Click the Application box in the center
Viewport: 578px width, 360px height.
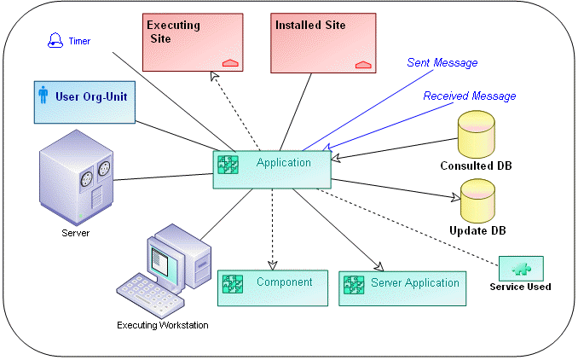coord(271,168)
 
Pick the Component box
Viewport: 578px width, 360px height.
coord(272,287)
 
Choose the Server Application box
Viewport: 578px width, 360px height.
coord(402,288)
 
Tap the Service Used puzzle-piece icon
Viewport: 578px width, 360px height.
coord(521,268)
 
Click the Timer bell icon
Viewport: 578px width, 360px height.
coord(55,40)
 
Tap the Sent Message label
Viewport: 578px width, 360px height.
coord(443,62)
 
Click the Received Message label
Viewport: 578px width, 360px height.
coord(469,96)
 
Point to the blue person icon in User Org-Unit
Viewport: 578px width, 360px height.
coord(43,95)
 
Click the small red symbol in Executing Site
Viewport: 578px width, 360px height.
coord(229,62)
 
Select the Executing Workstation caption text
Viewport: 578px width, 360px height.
coord(162,325)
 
